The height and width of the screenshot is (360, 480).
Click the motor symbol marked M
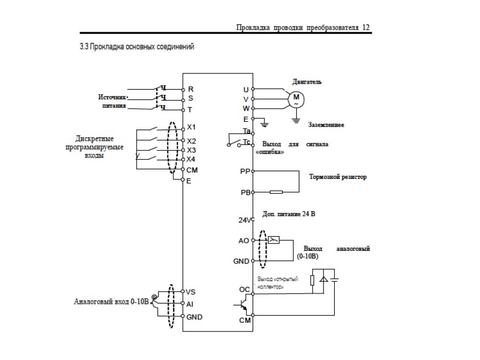point(295,99)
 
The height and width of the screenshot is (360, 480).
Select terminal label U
point(246,90)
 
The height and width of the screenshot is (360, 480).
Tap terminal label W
point(245,109)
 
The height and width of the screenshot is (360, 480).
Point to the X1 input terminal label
point(191,127)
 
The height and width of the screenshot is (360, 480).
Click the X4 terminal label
point(191,160)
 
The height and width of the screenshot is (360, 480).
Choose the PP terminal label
point(245,172)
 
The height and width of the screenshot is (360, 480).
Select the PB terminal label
point(245,193)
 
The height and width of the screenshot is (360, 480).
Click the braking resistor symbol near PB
point(276,193)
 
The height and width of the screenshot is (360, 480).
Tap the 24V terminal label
point(245,221)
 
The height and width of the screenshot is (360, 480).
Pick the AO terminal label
point(244,240)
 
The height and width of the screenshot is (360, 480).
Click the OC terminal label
point(244,290)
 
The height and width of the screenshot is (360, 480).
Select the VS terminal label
point(191,292)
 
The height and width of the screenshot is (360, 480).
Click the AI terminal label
point(190,304)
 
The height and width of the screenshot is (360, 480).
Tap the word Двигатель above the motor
point(307,82)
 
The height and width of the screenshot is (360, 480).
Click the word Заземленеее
point(326,125)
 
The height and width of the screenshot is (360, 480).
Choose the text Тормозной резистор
point(338,177)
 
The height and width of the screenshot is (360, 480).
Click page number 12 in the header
point(366,28)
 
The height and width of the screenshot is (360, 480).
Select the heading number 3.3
point(84,47)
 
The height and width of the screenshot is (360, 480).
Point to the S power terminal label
point(190,98)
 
